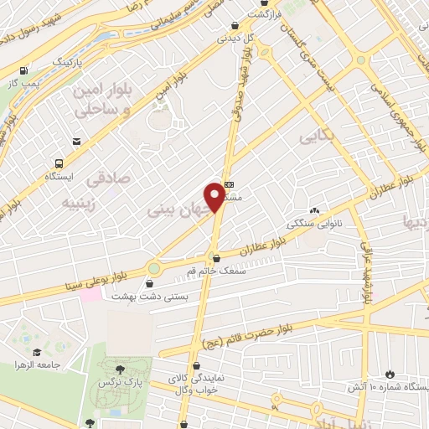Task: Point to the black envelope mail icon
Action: tap(77, 142)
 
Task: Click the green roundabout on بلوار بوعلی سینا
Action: tap(154, 268)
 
